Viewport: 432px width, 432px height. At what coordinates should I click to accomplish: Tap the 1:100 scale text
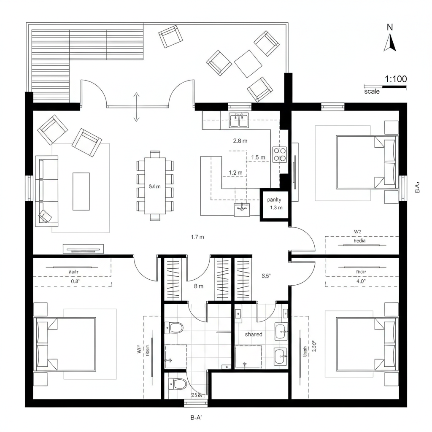[x=396, y=78]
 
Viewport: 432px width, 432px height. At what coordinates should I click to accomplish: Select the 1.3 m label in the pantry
[x=276, y=208]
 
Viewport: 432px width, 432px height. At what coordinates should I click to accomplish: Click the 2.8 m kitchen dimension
[x=240, y=141]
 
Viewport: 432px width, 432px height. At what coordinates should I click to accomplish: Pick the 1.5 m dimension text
[x=258, y=157]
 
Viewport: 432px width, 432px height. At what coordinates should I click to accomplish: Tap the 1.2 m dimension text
[x=235, y=172]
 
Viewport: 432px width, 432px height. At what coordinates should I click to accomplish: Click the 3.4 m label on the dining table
[x=155, y=186]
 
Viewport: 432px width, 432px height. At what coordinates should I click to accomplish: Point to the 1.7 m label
[x=197, y=237]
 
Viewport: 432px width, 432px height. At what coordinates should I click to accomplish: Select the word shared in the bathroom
[x=253, y=334]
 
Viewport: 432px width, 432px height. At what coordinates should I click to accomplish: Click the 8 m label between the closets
[x=198, y=286]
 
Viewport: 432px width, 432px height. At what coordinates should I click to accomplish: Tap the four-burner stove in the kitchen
[x=280, y=154]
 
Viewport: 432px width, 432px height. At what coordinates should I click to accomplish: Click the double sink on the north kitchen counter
[x=239, y=121]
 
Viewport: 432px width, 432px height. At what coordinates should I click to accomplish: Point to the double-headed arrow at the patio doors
[x=136, y=107]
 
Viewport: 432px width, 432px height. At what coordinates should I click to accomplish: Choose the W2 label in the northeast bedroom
[x=358, y=231]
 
